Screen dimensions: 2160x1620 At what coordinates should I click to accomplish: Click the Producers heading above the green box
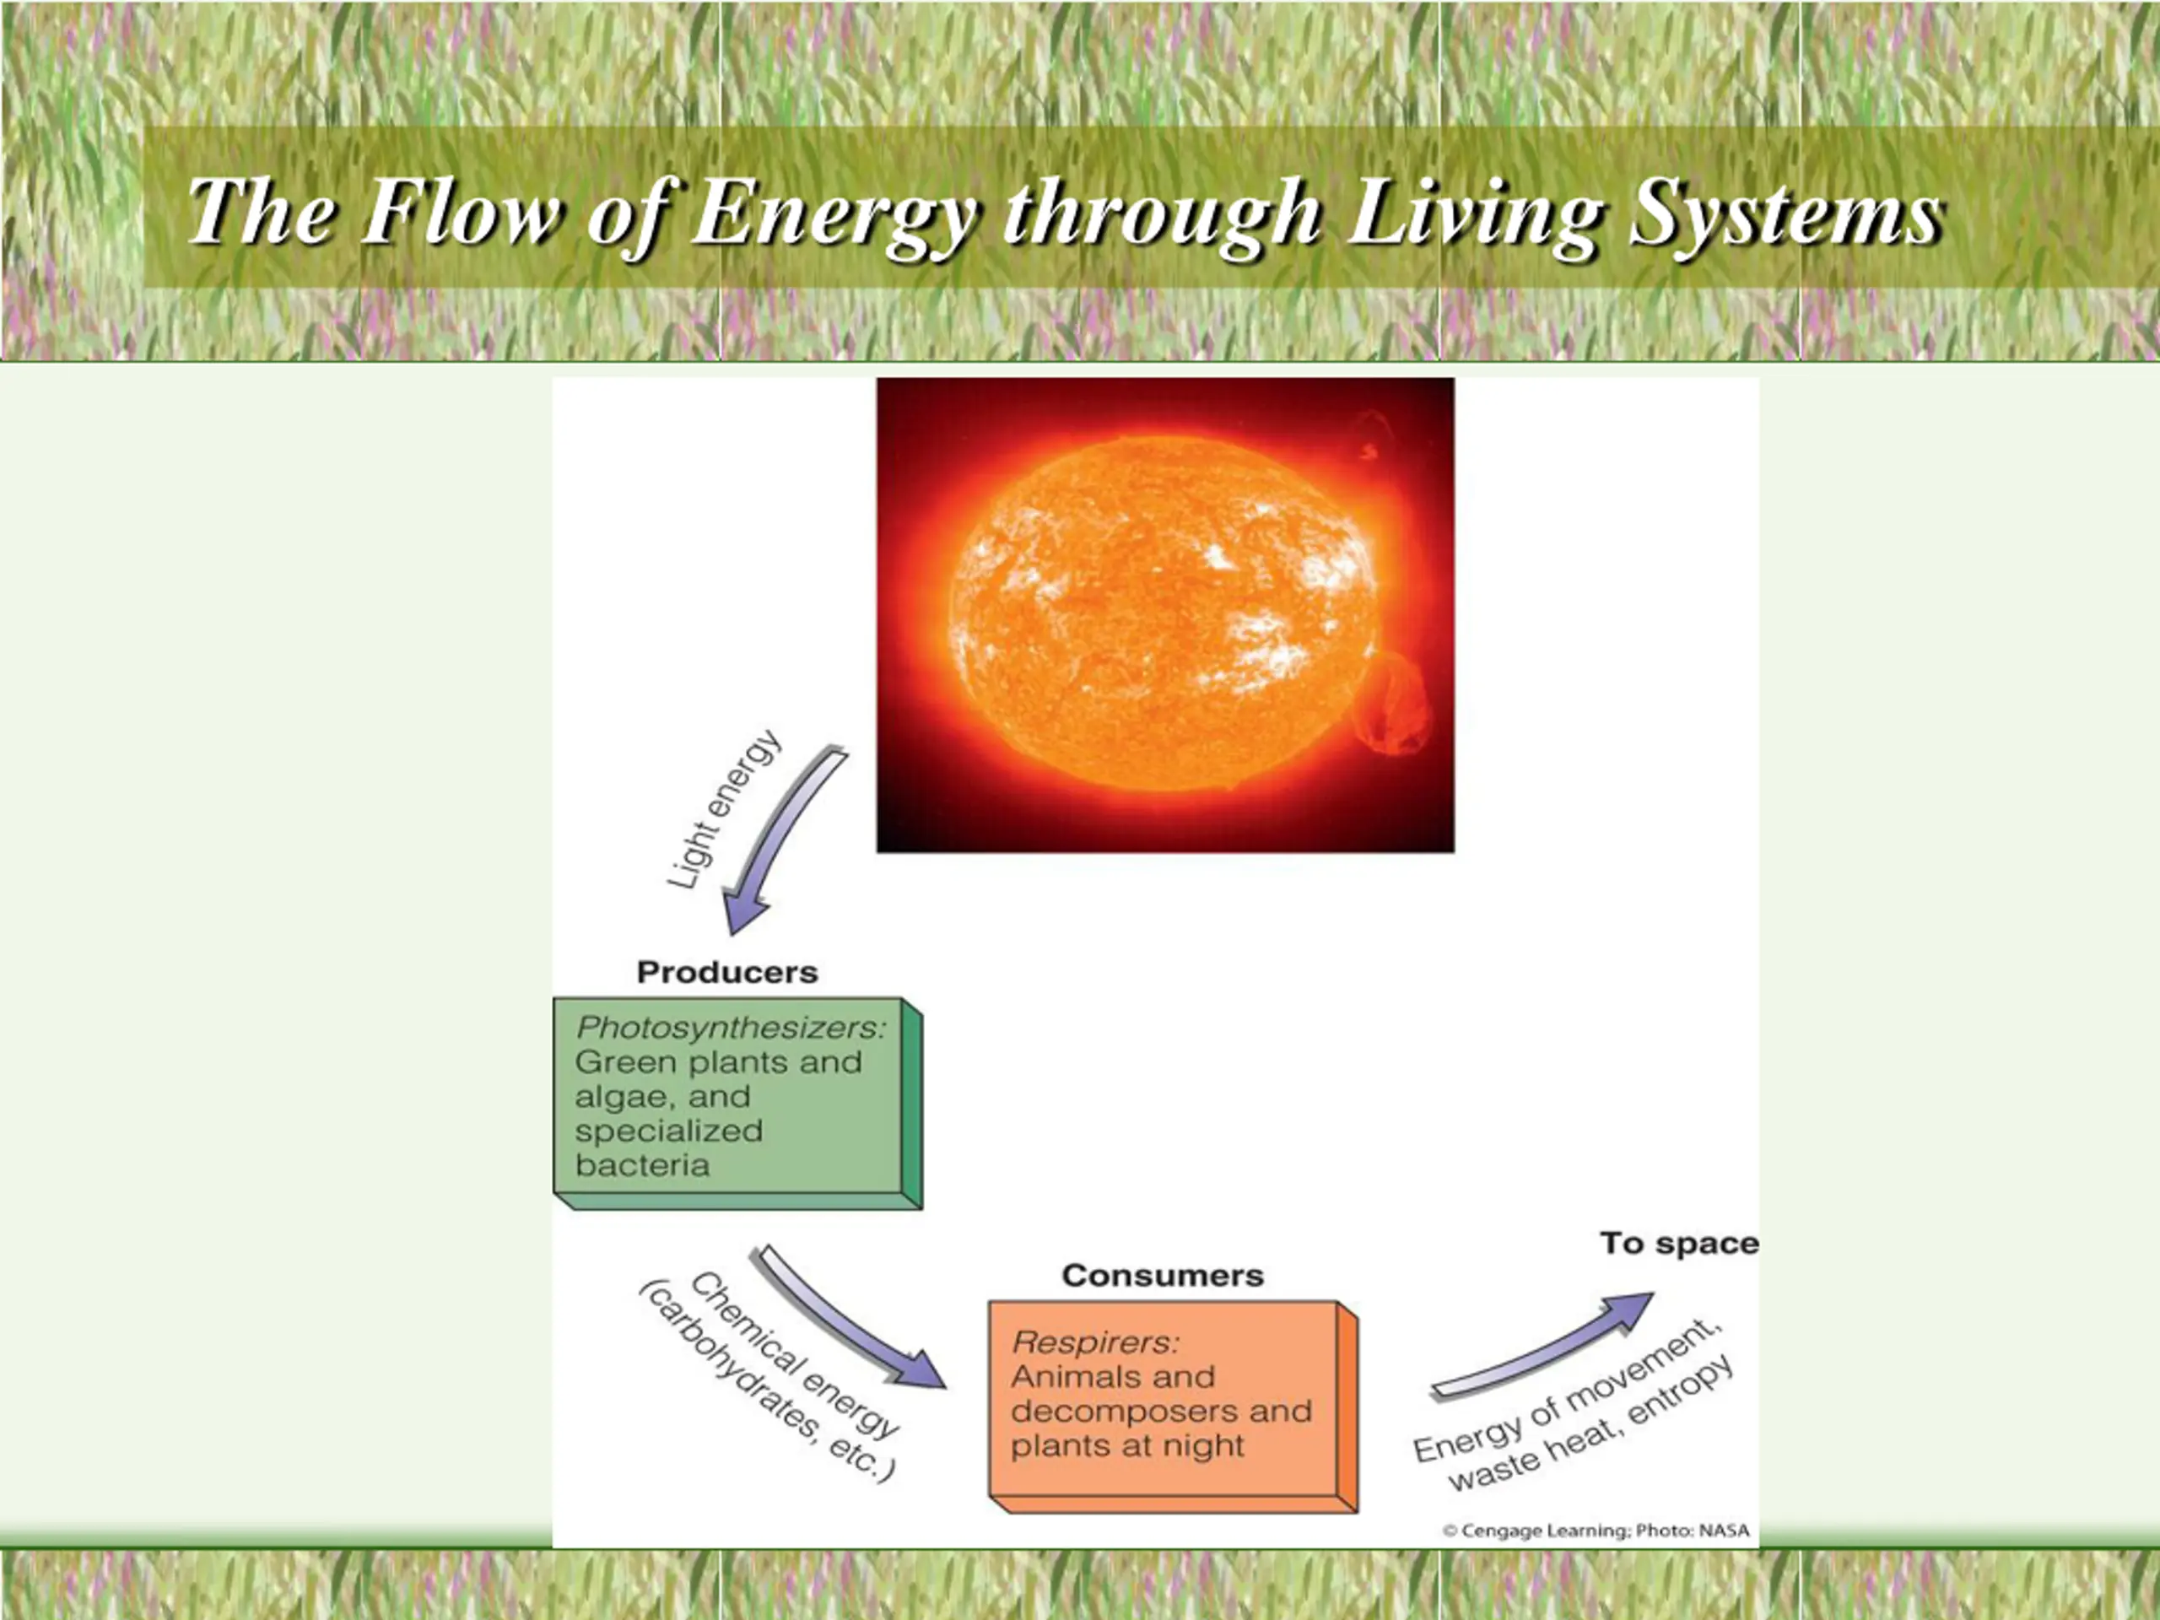(727, 973)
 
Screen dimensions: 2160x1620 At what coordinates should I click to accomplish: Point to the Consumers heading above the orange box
(1162, 1275)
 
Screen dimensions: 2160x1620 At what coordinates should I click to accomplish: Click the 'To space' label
(1678, 1244)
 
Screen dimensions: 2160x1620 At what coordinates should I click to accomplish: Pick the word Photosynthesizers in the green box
(732, 1029)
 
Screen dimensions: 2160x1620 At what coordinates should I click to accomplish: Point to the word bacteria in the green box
(643, 1165)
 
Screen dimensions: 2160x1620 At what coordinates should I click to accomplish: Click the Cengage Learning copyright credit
(1595, 1531)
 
